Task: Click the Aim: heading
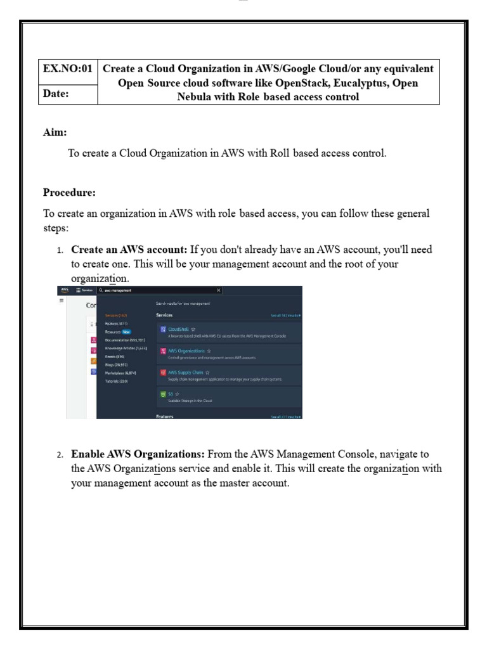[x=55, y=132]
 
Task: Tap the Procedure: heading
[x=69, y=192]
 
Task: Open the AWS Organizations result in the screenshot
[x=186, y=350]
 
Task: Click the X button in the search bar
[x=219, y=290]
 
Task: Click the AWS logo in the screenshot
[x=64, y=290]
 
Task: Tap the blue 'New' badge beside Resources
[x=127, y=331]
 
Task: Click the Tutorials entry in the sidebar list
[x=116, y=381]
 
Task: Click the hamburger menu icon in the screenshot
[x=62, y=300]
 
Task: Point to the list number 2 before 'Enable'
[x=60, y=455]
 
